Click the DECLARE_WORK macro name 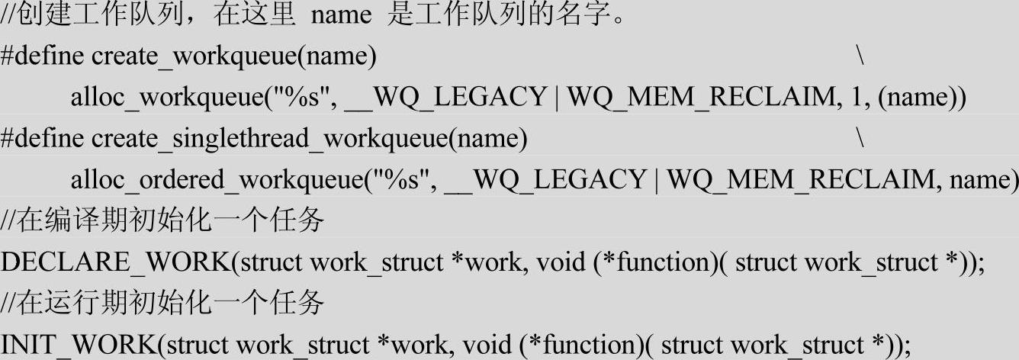(x=115, y=263)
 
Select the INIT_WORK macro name (x=79, y=346)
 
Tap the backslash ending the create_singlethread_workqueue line (x=860, y=140)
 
